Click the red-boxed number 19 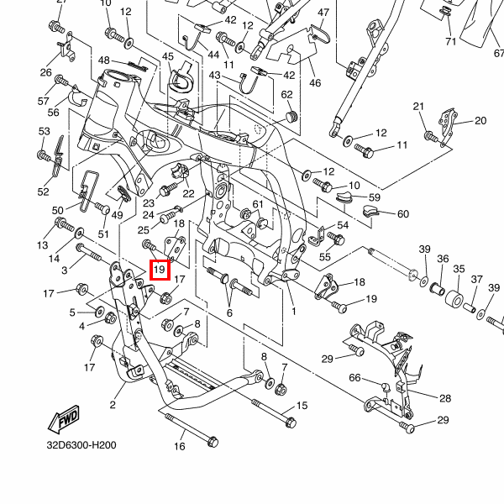click(160, 270)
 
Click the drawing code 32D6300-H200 click(81, 445)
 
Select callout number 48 click(104, 60)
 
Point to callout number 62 click(286, 94)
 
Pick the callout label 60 click(402, 213)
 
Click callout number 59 click(374, 198)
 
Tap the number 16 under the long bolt click(179, 446)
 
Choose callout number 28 click(444, 398)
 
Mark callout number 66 click(354, 378)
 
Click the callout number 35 click(459, 269)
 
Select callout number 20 click(480, 120)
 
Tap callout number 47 click(324, 13)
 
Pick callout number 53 click(44, 132)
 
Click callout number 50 click(58, 210)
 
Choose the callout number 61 click(258, 204)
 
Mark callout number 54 click(342, 225)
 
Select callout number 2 click(112, 405)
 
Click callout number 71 click(450, 41)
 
